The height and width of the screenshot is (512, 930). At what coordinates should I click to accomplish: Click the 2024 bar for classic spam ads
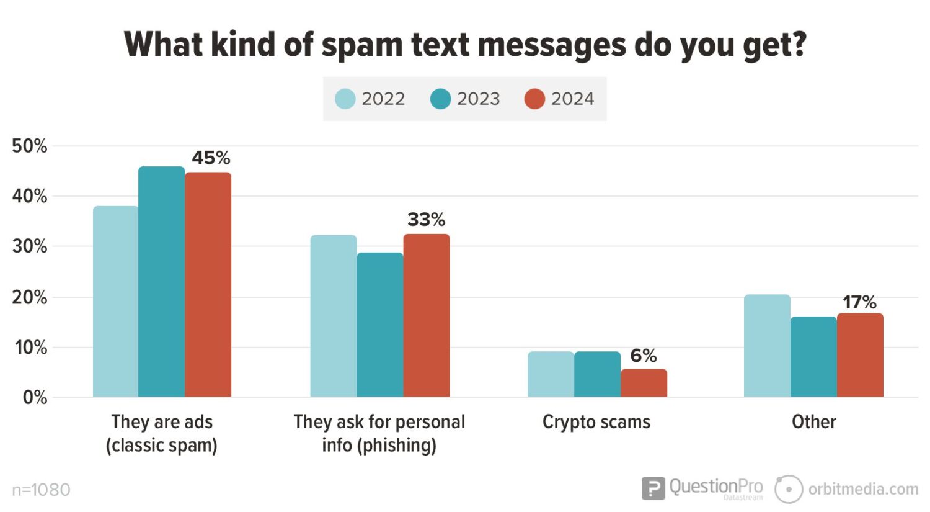click(x=208, y=285)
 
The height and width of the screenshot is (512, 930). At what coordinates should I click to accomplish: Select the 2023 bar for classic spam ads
click(x=161, y=282)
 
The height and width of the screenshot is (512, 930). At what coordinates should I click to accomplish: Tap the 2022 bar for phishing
click(x=334, y=316)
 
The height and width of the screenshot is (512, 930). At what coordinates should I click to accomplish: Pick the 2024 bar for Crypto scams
click(x=644, y=383)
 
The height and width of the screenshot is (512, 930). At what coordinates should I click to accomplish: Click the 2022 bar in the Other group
click(x=767, y=346)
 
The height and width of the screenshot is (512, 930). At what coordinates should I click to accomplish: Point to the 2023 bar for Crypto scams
click(x=597, y=374)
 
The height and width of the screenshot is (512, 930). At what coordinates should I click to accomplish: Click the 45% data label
click(x=211, y=158)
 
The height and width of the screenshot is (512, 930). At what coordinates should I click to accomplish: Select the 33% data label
click(x=426, y=220)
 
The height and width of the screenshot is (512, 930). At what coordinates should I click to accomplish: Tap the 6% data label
click(x=643, y=356)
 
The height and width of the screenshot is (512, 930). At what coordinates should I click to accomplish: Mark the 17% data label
click(x=859, y=302)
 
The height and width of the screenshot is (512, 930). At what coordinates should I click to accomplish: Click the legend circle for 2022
click(x=345, y=99)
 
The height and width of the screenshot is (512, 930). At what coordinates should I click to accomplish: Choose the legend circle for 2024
click(x=534, y=99)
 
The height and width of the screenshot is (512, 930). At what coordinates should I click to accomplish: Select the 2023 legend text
click(x=478, y=99)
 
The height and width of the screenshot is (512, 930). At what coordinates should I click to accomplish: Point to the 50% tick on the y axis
click(x=29, y=146)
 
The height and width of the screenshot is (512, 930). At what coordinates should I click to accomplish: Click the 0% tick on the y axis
click(x=35, y=397)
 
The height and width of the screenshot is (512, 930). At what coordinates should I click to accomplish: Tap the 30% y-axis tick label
click(x=29, y=246)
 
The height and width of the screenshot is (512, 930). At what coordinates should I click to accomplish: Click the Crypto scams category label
click(x=596, y=422)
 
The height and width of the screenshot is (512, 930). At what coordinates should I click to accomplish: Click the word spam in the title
click(x=362, y=45)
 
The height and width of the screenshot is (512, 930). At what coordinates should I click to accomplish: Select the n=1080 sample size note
click(x=41, y=490)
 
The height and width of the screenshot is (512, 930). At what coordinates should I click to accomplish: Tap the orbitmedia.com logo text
click(x=862, y=489)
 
